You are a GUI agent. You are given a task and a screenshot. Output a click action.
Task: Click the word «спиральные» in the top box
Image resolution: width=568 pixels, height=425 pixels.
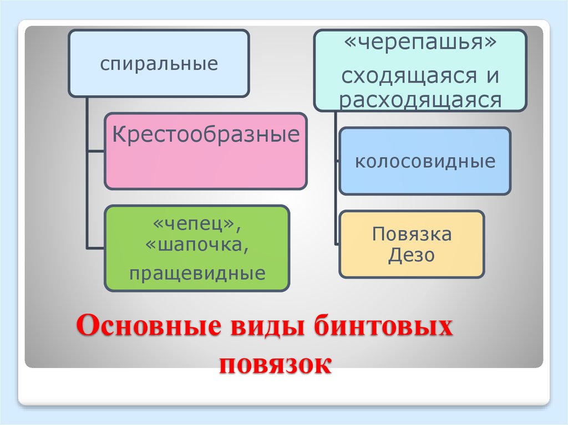tap(159, 64)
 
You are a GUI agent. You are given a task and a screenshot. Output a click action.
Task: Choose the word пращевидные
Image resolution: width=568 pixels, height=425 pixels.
tap(197, 273)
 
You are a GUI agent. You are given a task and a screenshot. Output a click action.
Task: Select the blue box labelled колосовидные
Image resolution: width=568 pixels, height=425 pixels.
tap(425, 161)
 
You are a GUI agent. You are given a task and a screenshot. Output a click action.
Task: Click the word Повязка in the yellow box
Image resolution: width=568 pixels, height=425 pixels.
tap(412, 234)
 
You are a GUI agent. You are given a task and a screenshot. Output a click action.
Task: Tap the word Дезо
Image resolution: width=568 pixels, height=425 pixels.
tap(412, 255)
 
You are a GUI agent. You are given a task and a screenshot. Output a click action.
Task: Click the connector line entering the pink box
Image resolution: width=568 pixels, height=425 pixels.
tap(96, 151)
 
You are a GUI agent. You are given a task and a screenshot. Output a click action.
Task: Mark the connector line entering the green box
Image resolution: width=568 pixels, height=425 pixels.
tap(96, 247)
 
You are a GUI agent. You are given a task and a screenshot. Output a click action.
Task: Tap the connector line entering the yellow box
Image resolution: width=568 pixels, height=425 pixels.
tap(337, 243)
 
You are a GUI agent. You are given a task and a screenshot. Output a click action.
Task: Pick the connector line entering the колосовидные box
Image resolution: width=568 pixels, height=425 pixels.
tap(337, 161)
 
